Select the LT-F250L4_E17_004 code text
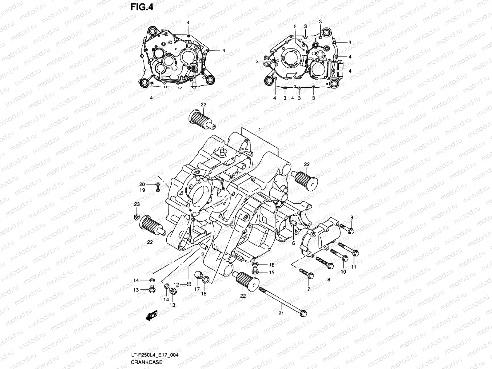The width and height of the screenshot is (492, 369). (x=155, y=355)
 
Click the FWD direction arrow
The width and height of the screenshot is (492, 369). (x=152, y=315)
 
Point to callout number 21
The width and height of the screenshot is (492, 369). (x=281, y=314)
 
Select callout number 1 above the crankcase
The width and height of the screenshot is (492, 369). (x=260, y=129)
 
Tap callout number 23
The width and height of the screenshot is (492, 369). (x=137, y=204)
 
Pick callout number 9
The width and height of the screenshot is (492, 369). (x=352, y=218)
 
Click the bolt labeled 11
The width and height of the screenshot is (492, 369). (x=347, y=249)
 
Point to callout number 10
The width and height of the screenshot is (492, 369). (x=343, y=272)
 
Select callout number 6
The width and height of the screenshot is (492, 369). (x=293, y=243)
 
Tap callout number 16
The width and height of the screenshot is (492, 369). (x=272, y=265)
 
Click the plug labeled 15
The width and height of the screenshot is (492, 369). (x=255, y=271)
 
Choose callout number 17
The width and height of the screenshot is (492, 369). (x=197, y=289)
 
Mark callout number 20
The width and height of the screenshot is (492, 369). (x=142, y=184)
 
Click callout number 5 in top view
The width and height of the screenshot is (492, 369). (x=295, y=27)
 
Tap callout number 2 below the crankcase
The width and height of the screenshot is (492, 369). (x=203, y=254)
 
